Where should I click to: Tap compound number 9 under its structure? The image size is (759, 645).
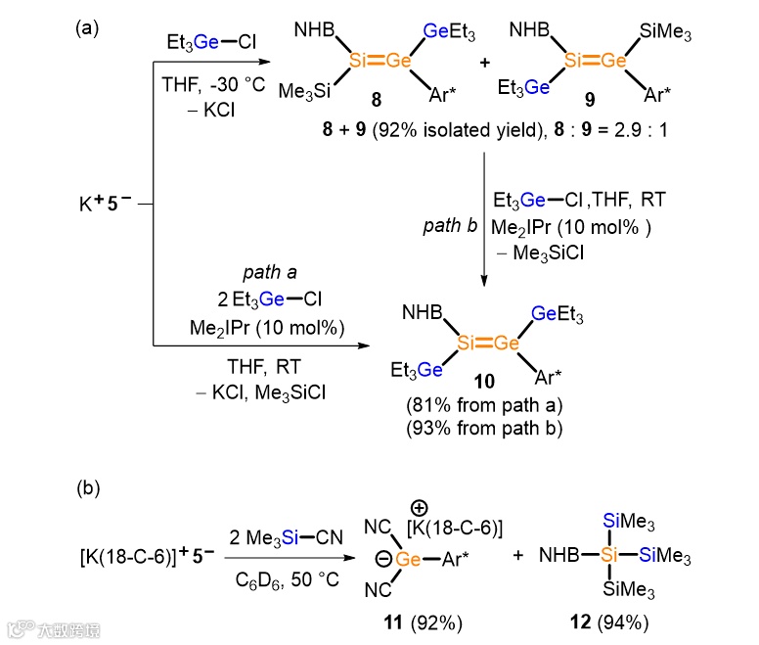click(588, 100)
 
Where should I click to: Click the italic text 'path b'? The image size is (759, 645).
click(449, 225)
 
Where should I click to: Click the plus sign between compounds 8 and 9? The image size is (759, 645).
click(484, 62)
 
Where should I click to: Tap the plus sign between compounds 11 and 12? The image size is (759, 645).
click(517, 556)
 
